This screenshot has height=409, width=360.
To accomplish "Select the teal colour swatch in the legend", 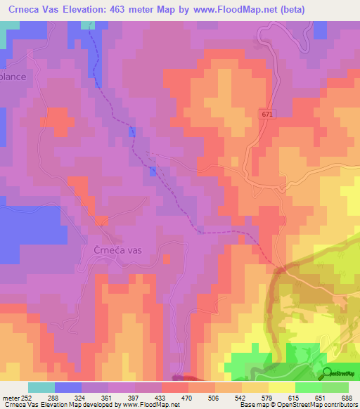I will (41, 387).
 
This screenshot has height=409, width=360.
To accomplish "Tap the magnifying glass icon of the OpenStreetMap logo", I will (327, 373).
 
